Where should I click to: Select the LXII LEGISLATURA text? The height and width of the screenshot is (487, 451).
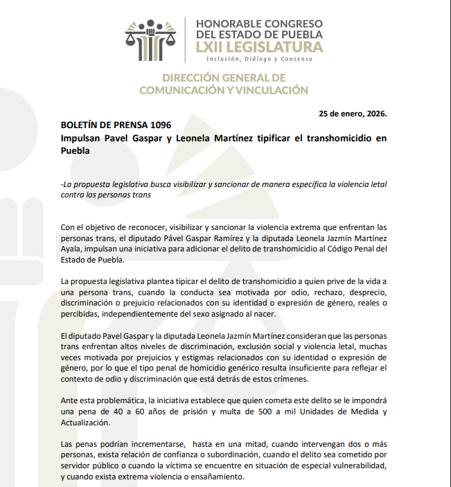(260, 47)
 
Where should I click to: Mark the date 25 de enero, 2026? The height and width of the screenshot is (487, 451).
(353, 113)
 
